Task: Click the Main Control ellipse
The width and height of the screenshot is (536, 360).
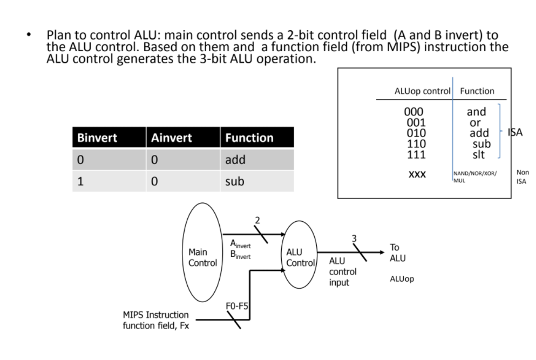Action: pos(202,257)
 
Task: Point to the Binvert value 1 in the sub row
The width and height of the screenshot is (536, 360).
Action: pos(80,181)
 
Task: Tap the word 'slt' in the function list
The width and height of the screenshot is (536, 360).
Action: pos(478,155)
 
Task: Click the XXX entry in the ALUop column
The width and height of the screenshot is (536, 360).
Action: pos(417,175)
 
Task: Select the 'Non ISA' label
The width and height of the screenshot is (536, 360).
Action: pos(522,177)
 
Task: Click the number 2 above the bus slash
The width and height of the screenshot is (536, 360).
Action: pos(257,220)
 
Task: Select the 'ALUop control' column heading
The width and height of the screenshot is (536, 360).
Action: pos(422,91)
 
